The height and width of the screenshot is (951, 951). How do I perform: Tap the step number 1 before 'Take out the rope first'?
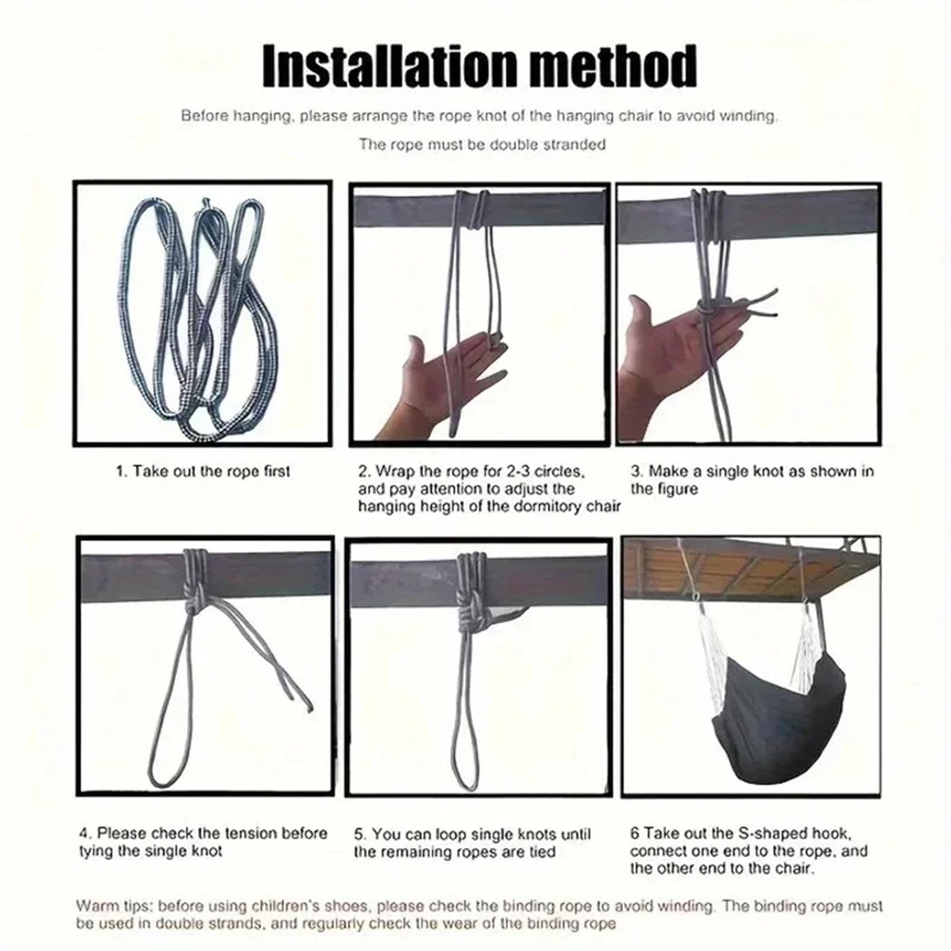click(x=121, y=472)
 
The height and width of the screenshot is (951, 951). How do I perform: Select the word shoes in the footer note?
click(x=350, y=906)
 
